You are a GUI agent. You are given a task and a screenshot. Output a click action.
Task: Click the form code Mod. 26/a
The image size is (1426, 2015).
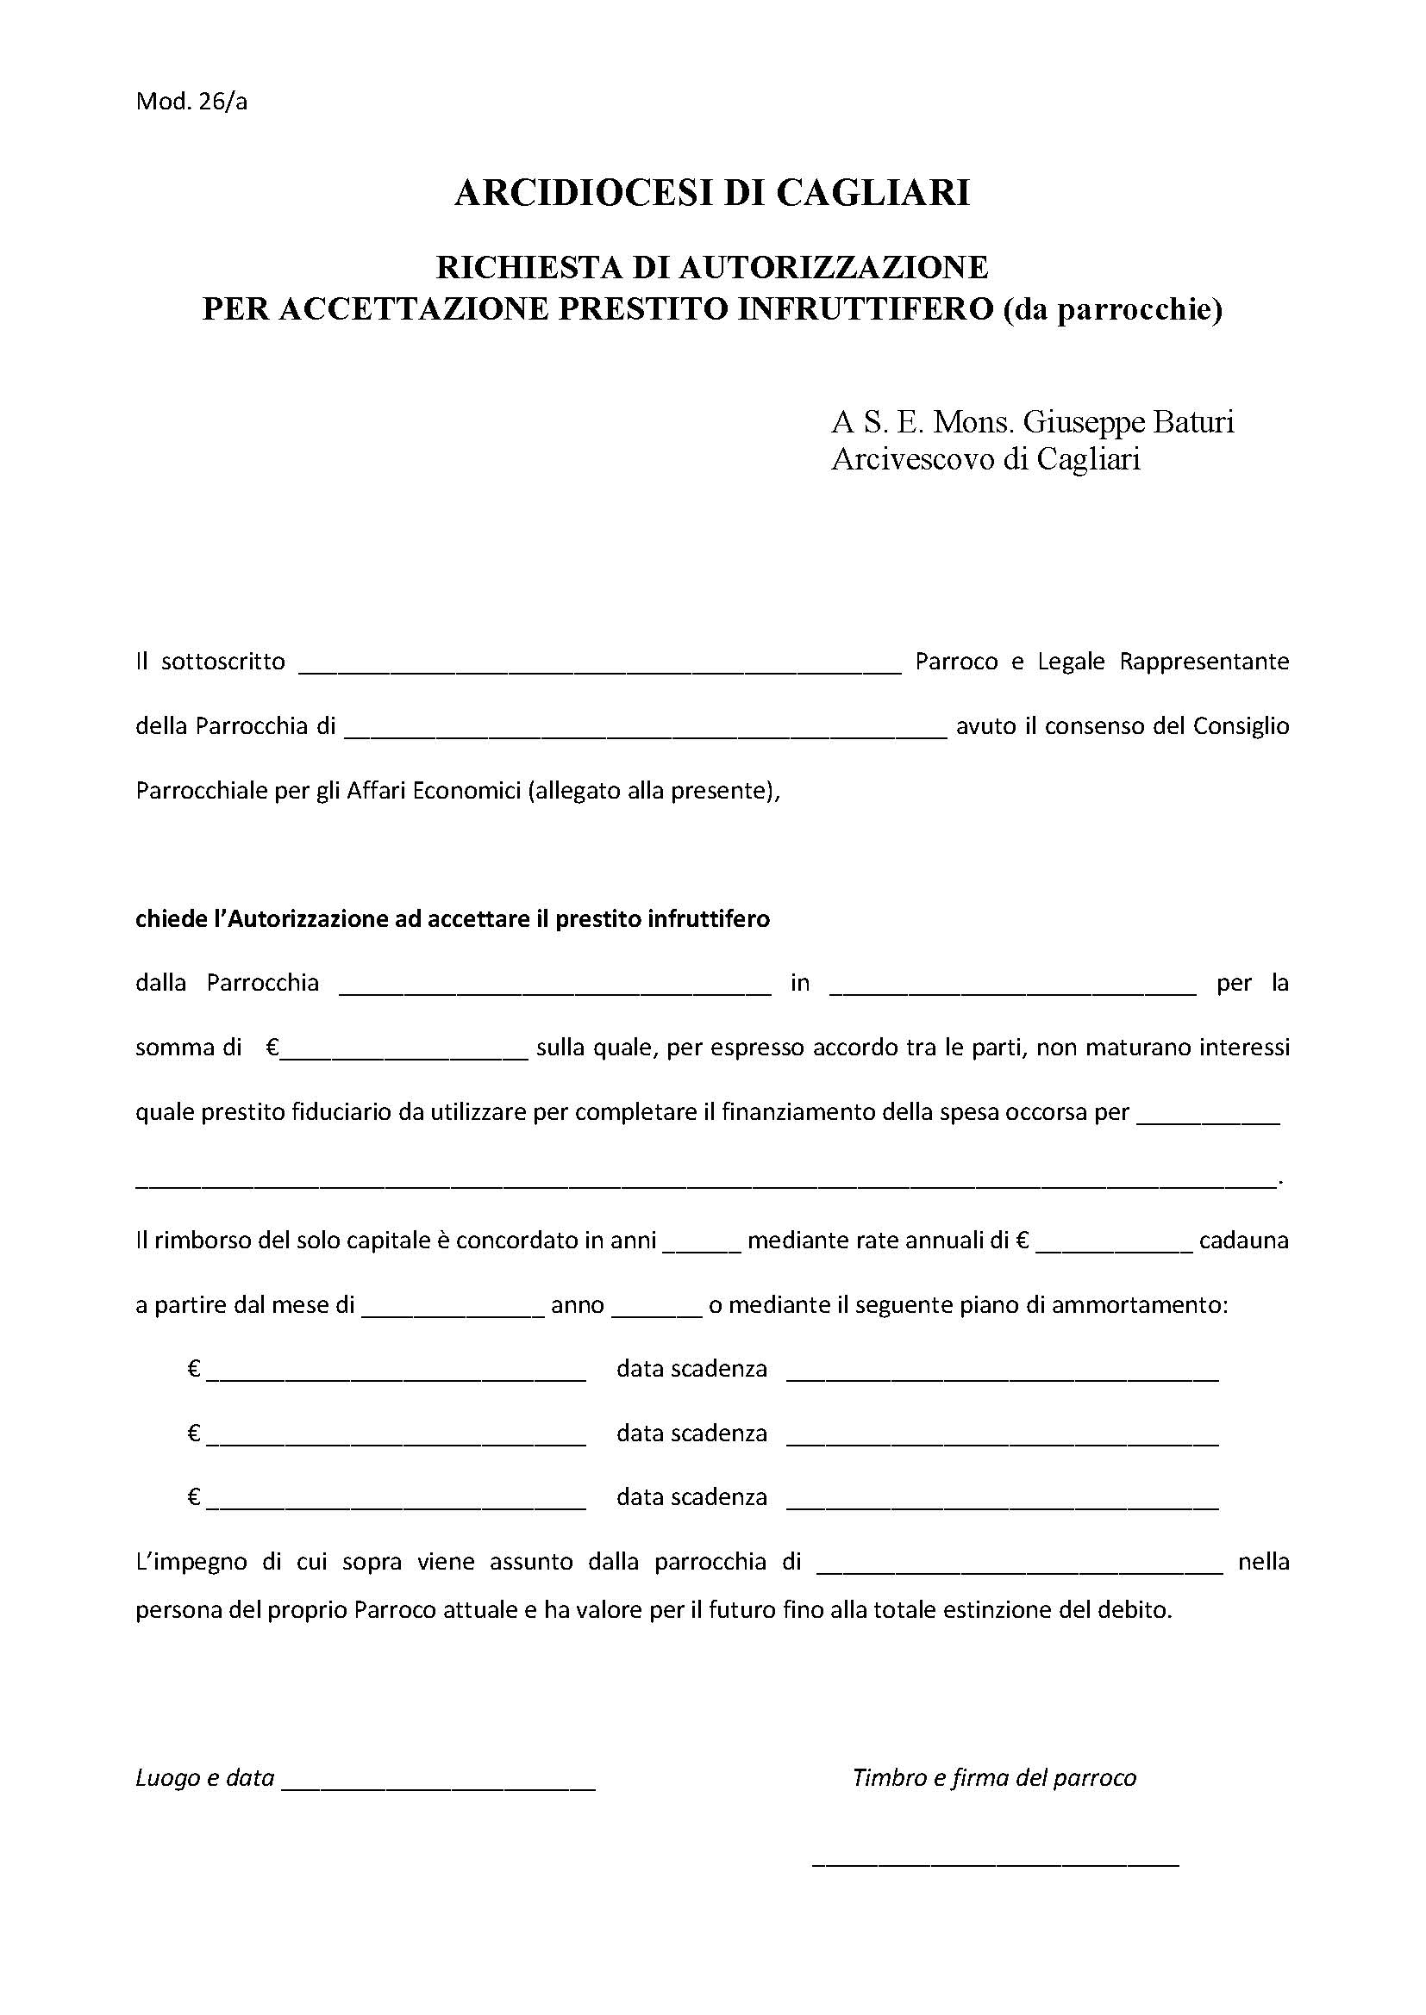(x=191, y=102)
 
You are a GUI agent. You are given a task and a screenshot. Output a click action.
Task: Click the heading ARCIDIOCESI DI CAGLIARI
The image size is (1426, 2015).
(x=711, y=192)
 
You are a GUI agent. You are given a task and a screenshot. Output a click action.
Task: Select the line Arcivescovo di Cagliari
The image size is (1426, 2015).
(x=985, y=459)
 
